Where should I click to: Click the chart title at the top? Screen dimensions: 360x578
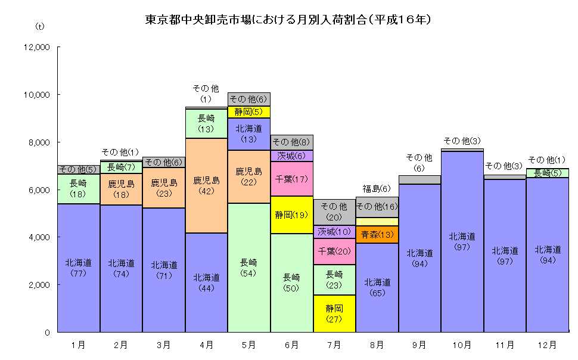(288, 19)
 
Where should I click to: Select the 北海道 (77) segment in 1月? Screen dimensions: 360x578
(79, 268)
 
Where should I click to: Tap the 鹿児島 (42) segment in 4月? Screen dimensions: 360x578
(207, 185)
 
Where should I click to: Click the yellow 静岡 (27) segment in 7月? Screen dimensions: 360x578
(334, 314)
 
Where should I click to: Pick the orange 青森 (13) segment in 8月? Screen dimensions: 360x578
(377, 235)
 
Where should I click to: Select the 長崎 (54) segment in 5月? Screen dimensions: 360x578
(249, 268)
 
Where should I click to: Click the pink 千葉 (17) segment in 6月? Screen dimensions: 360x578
(292, 179)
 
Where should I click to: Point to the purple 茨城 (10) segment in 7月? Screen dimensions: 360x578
(334, 232)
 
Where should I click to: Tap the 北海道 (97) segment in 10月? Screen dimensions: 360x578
(462, 241)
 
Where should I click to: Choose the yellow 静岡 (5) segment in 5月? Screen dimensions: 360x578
(249, 112)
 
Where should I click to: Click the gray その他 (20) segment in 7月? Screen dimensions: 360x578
(334, 212)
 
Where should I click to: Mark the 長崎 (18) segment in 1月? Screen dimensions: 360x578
(79, 189)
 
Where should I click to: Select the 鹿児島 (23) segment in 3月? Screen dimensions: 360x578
(164, 188)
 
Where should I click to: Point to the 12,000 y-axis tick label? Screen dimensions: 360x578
(37, 47)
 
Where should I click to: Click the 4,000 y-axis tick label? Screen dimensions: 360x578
(39, 237)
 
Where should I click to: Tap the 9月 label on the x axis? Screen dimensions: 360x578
(419, 345)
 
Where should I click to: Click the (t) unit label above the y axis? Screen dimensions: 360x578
(40, 26)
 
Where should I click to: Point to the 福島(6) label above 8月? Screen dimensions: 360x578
(377, 189)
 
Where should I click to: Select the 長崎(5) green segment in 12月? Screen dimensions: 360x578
(547, 173)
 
